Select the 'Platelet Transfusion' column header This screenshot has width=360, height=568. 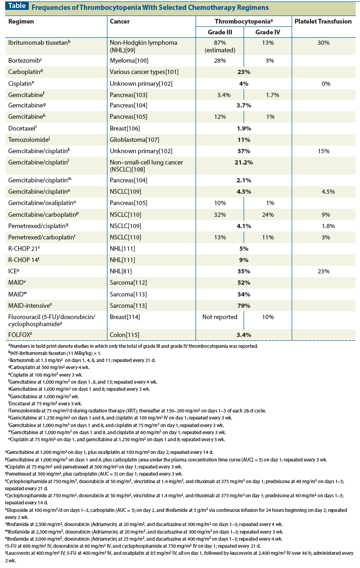coord(323,21)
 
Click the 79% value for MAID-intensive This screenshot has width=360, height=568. coord(244,305)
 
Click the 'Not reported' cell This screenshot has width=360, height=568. coord(220,317)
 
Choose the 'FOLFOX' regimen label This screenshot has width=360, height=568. coord(22,335)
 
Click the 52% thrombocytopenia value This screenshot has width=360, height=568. coord(244,283)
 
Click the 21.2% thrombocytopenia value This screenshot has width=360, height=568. coord(244,163)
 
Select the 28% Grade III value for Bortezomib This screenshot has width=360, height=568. coord(220,61)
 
